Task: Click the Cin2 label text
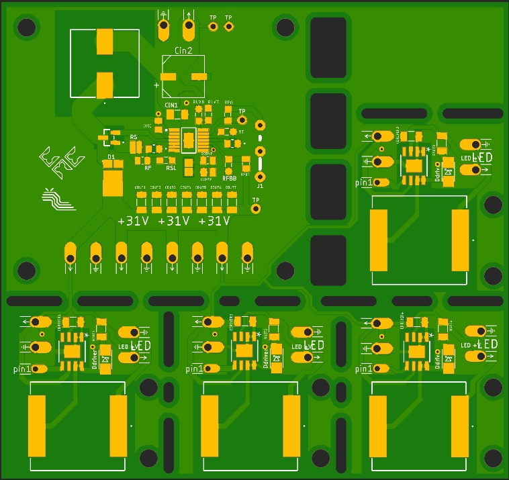click(x=183, y=50)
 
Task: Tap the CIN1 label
click(x=171, y=105)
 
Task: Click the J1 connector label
click(x=261, y=186)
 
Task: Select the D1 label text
click(x=111, y=157)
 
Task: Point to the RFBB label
click(x=230, y=179)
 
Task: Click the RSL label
click(x=171, y=159)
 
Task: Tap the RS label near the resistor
click(x=134, y=137)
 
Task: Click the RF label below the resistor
click(x=148, y=169)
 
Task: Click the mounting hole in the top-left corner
click(x=27, y=28)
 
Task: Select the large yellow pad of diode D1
click(x=111, y=181)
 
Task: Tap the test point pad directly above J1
click(x=259, y=124)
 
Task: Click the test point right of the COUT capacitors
click(x=256, y=209)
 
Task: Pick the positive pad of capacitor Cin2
click(x=169, y=77)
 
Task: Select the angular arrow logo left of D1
click(x=60, y=158)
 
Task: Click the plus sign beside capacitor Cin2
click(x=157, y=85)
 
